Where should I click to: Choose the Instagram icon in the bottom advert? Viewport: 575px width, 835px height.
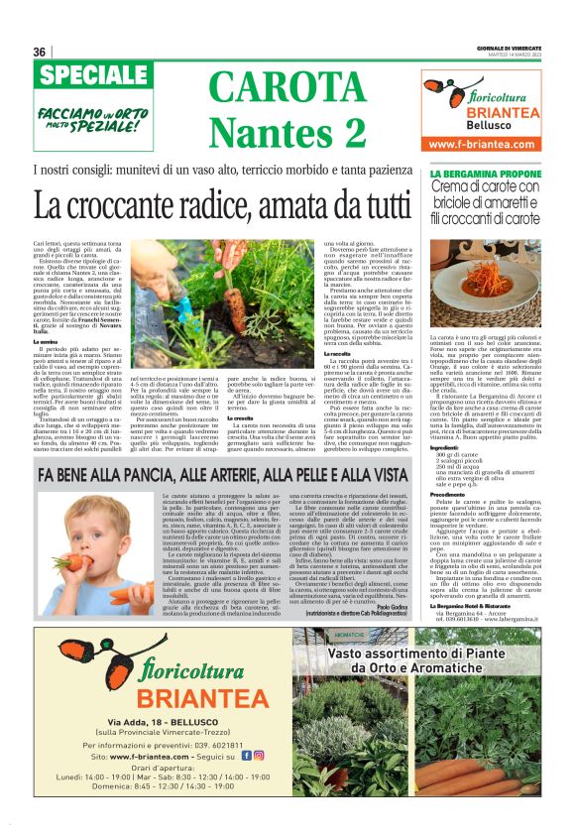point(259,755)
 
